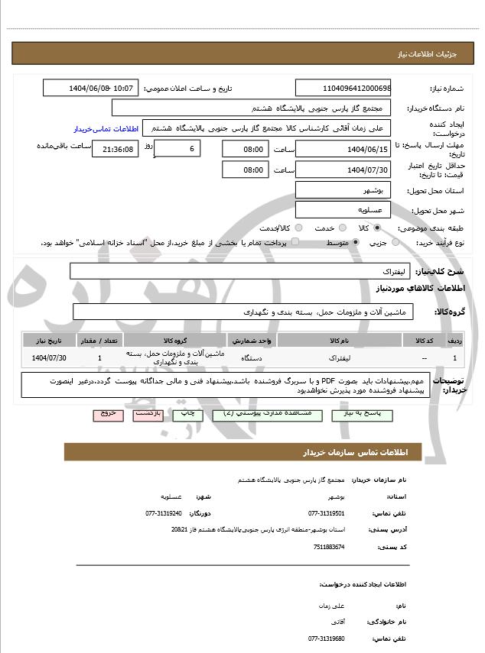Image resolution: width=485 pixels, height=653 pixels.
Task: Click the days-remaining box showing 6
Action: click(x=177, y=148)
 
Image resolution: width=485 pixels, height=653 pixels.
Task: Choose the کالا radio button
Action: click(x=376, y=228)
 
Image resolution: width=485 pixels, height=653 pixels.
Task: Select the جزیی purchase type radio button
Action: click(x=395, y=243)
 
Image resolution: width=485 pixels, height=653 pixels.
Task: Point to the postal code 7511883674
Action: click(x=329, y=547)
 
